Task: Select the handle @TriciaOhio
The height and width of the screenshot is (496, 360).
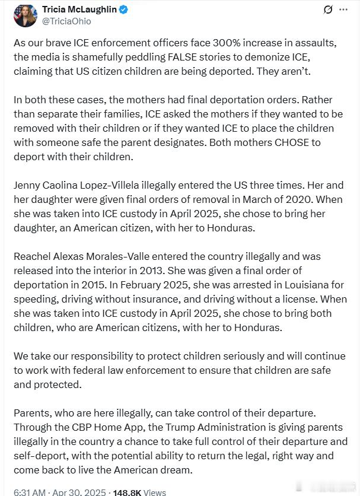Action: pos(66,21)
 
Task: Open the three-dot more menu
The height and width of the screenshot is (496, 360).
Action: pos(343,10)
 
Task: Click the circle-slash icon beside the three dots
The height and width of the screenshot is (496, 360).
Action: pos(327,10)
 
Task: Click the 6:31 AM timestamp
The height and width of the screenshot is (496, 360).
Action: pos(30,491)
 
